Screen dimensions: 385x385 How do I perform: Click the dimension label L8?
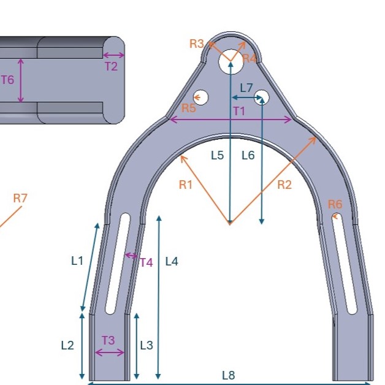(228, 375)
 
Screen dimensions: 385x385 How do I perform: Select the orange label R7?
(20, 198)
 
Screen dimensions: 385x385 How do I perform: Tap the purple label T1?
(238, 111)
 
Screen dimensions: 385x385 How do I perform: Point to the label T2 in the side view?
(110, 67)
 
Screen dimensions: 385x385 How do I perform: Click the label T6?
(7, 80)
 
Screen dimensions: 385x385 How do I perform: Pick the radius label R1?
(186, 185)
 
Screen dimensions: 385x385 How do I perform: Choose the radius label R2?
(284, 185)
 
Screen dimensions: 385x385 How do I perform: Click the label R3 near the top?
(196, 44)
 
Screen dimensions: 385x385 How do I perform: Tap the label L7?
(246, 88)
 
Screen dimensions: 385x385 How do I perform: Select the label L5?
(217, 155)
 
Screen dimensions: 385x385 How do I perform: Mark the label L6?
(248, 155)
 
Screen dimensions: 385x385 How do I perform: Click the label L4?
(172, 261)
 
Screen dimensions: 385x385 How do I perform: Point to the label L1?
(77, 261)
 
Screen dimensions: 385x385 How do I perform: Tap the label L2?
(67, 345)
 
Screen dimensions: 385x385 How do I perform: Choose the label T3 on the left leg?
(108, 340)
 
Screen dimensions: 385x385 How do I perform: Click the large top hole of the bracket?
(230, 61)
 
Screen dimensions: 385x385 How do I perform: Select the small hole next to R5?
(200, 97)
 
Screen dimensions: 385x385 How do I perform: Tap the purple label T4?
(146, 262)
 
